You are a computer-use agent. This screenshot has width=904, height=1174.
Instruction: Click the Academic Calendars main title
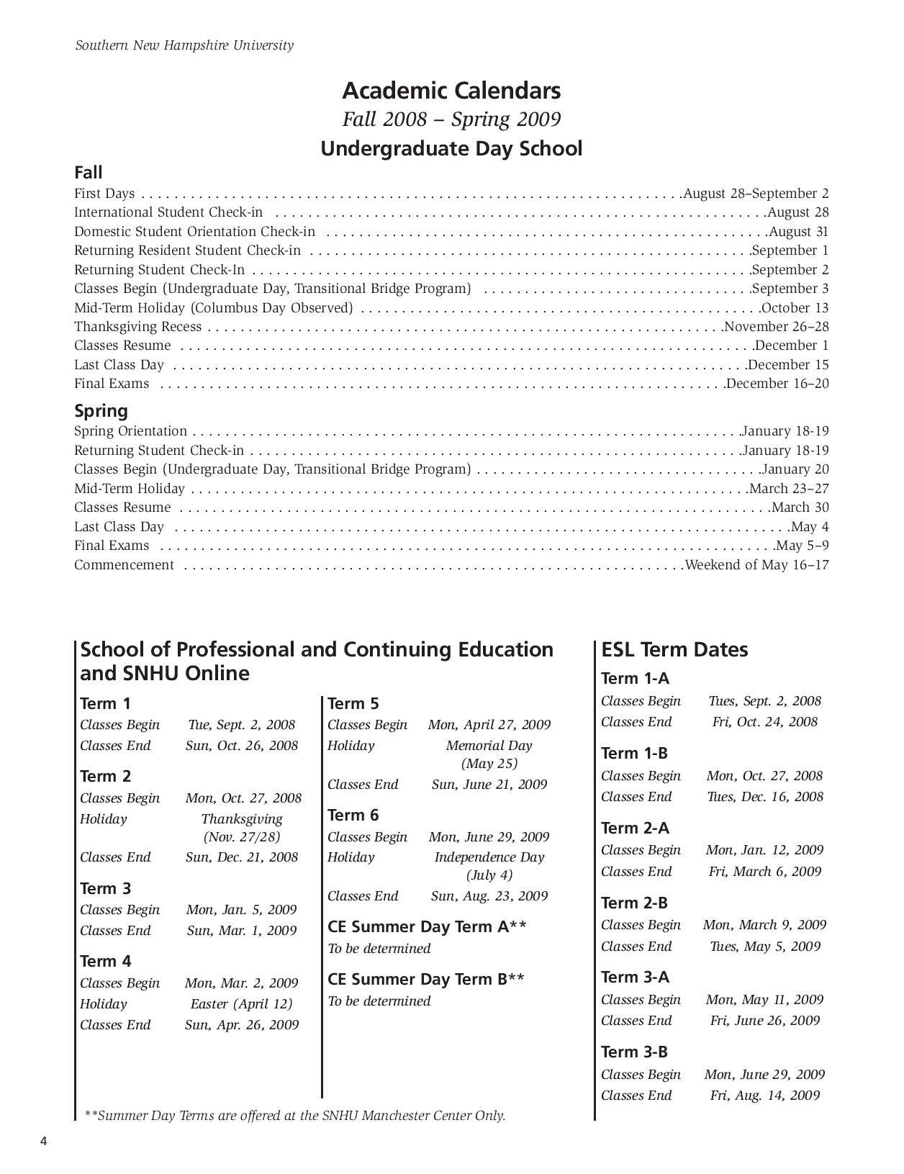pyautogui.click(x=451, y=91)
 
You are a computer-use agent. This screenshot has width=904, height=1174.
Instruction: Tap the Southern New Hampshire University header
pyautogui.click(x=184, y=45)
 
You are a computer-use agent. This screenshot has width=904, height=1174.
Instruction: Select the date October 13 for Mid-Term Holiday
pyautogui.click(x=795, y=308)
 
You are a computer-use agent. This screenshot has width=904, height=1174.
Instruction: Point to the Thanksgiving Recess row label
pyautogui.click(x=138, y=327)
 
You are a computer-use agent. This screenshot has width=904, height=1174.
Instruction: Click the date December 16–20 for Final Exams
pyautogui.click(x=777, y=384)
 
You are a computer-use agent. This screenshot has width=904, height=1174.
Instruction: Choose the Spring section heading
pyautogui.click(x=101, y=411)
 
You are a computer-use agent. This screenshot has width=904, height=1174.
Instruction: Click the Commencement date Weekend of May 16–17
pyautogui.click(x=757, y=565)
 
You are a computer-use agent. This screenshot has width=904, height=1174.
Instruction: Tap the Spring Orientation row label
pyautogui.click(x=130, y=431)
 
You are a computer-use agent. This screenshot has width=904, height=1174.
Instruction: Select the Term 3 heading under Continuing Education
pyautogui.click(x=105, y=888)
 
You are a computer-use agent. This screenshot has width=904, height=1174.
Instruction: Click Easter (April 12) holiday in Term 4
pyautogui.click(x=241, y=1004)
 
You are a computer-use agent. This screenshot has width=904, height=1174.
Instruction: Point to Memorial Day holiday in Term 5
pyautogui.click(x=489, y=746)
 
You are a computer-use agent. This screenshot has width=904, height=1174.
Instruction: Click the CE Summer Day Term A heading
pyautogui.click(x=427, y=926)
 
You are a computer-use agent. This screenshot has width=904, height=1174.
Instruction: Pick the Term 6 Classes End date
pyautogui.click(x=489, y=896)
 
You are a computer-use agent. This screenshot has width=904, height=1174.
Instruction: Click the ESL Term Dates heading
pyautogui.click(x=674, y=649)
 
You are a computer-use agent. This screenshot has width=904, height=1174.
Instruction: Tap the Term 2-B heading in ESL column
pyautogui.click(x=634, y=903)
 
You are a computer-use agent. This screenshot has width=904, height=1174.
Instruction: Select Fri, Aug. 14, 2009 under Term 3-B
pyautogui.click(x=764, y=1096)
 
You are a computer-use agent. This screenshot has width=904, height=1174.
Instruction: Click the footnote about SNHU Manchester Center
pyautogui.click(x=295, y=1116)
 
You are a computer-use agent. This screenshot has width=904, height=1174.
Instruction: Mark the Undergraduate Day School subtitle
pyautogui.click(x=451, y=149)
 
